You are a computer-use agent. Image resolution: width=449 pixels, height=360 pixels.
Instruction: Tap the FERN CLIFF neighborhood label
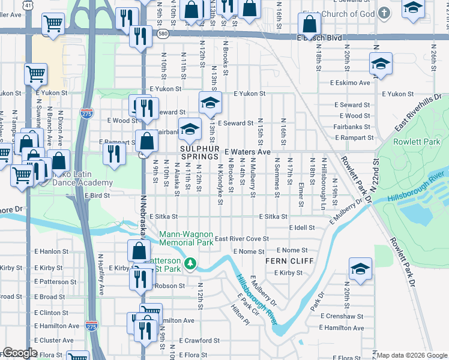point(285,262)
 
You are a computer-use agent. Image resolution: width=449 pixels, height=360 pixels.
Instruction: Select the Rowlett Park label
point(409,142)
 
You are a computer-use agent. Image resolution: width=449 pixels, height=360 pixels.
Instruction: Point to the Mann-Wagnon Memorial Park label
point(186,238)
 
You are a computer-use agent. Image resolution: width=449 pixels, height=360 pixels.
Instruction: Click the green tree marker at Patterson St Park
point(190,263)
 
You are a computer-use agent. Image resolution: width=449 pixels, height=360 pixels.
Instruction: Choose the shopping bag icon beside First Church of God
point(309,25)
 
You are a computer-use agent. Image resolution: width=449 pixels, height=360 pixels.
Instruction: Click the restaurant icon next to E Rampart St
point(113,153)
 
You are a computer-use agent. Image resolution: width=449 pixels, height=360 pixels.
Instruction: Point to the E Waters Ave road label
point(248,152)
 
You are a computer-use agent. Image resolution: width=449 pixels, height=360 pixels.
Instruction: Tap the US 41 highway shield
point(28,4)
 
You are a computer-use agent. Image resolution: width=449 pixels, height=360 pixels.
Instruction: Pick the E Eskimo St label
point(346,83)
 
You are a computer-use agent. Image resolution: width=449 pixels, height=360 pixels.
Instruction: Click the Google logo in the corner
point(19,353)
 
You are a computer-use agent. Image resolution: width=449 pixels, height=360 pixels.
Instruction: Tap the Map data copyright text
point(411,355)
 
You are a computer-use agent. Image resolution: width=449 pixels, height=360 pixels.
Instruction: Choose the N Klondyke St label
point(220,178)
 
